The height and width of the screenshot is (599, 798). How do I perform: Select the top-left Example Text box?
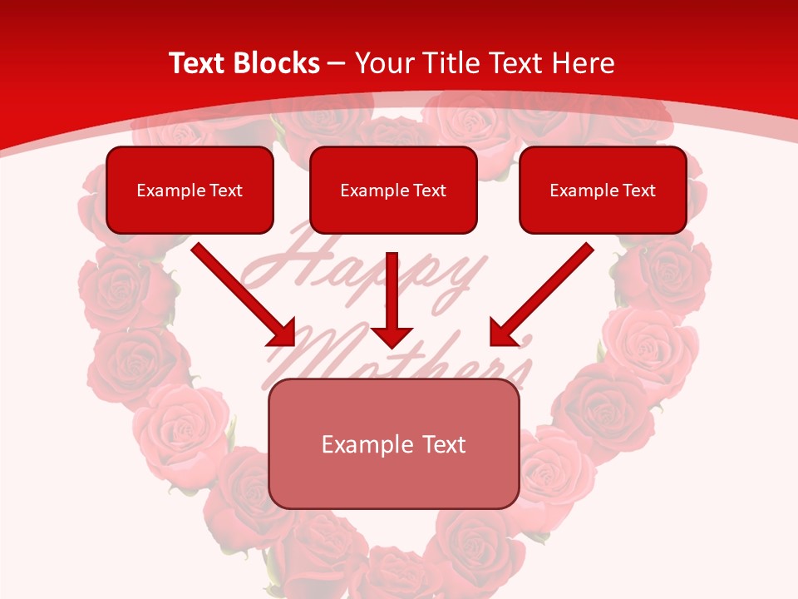coord(190,190)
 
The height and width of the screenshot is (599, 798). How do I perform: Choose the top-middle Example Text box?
coord(393,190)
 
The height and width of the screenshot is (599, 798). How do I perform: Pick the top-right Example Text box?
coord(603,190)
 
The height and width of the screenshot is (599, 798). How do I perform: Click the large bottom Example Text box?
coord(393,443)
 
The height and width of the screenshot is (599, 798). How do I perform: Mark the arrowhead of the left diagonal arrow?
coord(283,333)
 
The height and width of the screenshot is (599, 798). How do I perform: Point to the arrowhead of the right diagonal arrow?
coord(501,333)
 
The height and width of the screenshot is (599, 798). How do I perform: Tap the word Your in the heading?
coord(382,63)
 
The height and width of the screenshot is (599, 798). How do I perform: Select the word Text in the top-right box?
coord(639,191)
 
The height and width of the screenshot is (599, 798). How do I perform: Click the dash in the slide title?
coord(337,63)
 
